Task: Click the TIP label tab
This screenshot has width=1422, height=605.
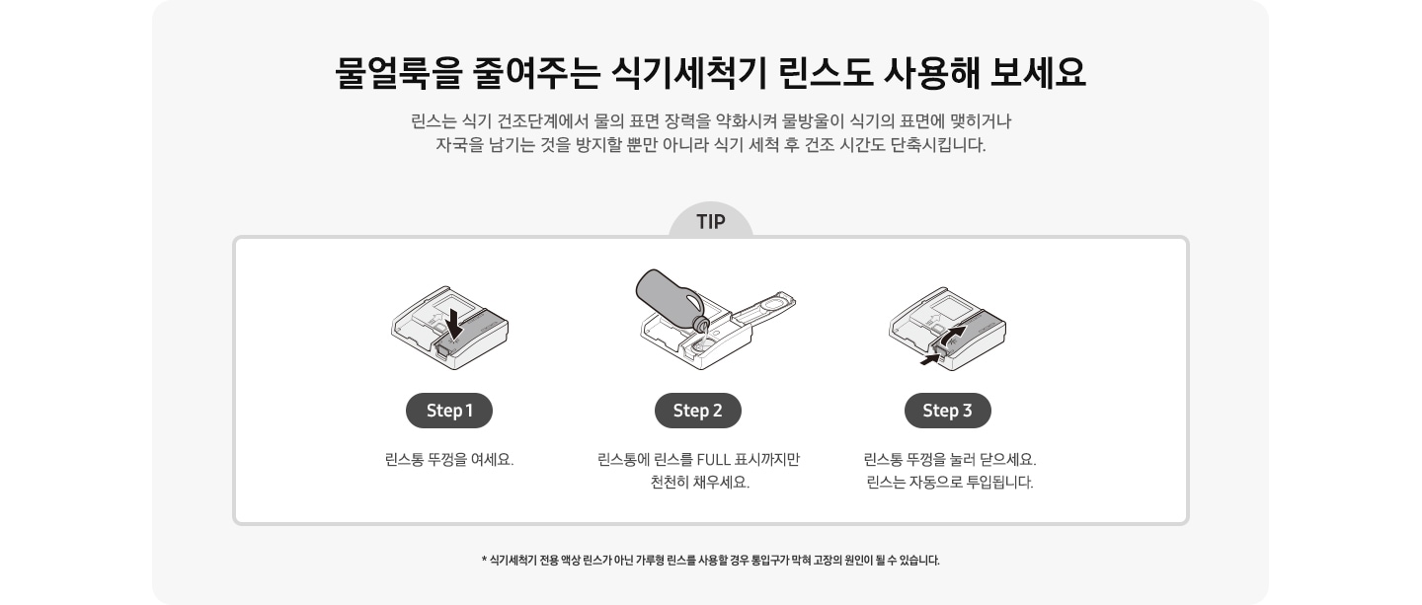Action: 710,222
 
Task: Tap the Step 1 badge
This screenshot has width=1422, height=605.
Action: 449,411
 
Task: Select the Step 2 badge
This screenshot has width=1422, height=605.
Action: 697,411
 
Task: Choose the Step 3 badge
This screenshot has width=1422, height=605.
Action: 947,411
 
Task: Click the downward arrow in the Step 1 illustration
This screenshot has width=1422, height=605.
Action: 453,322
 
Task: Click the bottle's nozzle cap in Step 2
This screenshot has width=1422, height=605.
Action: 701,323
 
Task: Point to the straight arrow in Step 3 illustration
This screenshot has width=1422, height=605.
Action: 929,360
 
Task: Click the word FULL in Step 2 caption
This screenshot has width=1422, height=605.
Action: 716,460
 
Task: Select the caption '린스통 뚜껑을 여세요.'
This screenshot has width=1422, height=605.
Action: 449,460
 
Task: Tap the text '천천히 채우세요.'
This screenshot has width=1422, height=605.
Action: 699,483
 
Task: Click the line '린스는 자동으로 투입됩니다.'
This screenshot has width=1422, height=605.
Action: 949,483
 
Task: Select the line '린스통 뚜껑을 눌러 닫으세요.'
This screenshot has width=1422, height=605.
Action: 949,460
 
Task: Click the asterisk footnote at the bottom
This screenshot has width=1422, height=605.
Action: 710,561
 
